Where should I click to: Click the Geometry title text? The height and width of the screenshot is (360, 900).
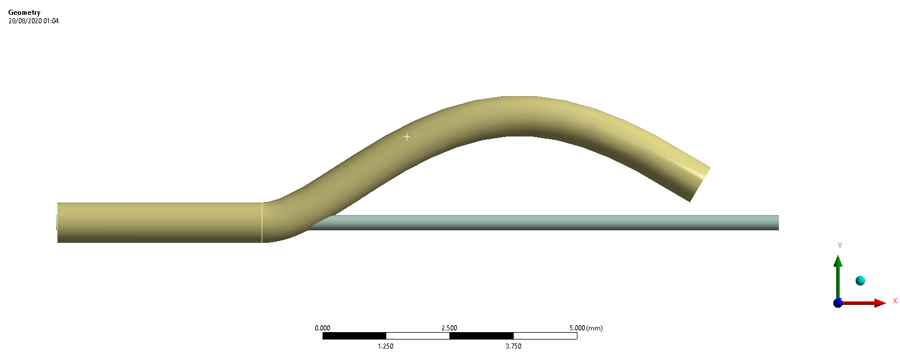(24, 13)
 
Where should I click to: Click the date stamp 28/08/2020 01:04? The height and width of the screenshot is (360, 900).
(33, 21)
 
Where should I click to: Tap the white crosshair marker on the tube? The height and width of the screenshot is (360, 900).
(407, 137)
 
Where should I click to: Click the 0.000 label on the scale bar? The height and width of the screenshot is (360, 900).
(322, 328)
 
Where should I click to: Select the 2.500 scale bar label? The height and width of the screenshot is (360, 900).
(449, 328)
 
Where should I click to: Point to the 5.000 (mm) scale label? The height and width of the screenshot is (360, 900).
(585, 328)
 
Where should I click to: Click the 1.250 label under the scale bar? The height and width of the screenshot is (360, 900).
(386, 346)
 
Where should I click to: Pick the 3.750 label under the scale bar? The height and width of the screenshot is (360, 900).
(513, 346)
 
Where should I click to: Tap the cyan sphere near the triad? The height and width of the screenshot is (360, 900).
(860, 280)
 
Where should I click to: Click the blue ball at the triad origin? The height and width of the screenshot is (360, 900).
(837, 303)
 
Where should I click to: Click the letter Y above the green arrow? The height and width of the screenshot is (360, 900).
(840, 246)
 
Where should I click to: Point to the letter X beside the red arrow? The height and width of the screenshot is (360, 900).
(895, 300)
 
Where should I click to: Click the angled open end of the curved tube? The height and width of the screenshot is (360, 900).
(700, 184)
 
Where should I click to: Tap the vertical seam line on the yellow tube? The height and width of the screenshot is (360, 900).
(262, 222)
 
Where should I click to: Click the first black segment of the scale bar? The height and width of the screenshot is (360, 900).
(354, 336)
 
